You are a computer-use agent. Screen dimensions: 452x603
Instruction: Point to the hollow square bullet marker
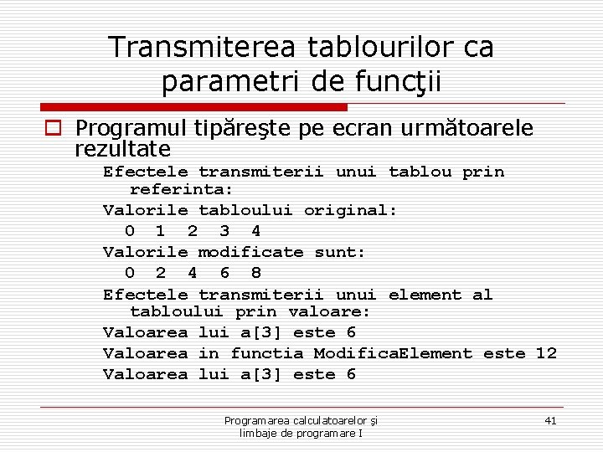click(x=54, y=129)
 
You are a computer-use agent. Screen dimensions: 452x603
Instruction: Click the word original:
click(x=350, y=210)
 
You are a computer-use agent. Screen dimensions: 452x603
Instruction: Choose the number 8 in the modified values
click(x=255, y=273)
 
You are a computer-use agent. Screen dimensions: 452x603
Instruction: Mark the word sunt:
click(x=340, y=252)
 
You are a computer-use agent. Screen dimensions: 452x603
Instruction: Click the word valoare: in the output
click(x=329, y=311)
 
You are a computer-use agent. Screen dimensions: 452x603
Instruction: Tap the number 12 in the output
click(x=545, y=353)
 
